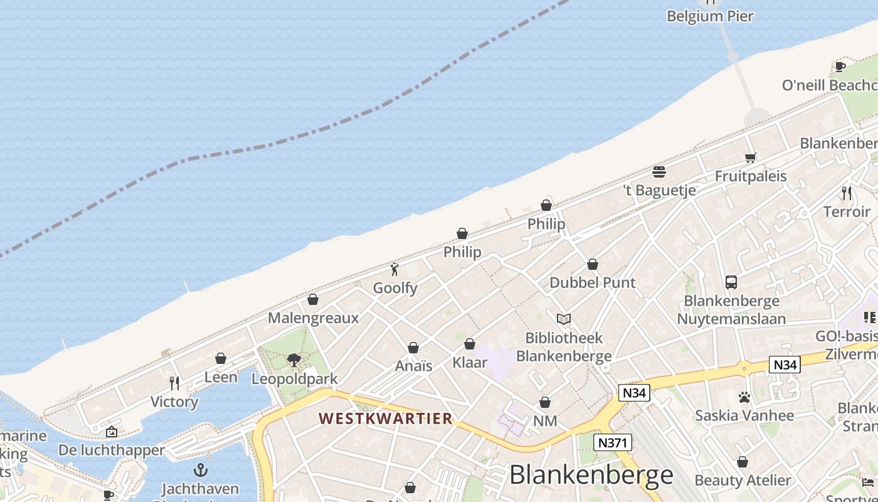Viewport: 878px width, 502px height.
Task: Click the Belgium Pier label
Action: (710, 16)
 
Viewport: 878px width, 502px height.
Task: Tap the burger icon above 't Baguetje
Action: (658, 171)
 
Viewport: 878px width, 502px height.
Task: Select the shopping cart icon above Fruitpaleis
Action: (750, 158)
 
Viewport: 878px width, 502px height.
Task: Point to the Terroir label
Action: (847, 211)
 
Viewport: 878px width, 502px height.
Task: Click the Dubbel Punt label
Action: (592, 282)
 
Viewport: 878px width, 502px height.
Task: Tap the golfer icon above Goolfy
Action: (394, 270)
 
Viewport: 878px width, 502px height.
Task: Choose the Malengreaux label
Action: (313, 318)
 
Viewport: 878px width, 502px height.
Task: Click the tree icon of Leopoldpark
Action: (294, 360)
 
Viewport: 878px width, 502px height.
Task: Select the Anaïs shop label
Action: (413, 366)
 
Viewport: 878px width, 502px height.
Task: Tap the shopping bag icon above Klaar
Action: (470, 344)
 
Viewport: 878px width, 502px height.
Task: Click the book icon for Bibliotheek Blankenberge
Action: (564, 319)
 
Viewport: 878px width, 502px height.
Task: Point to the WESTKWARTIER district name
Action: (385, 419)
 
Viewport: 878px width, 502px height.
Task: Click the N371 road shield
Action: (613, 442)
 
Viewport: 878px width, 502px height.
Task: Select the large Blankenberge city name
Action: (591, 475)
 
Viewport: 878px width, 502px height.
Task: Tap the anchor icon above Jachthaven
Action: (201, 470)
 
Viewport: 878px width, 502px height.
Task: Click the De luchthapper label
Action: (111, 450)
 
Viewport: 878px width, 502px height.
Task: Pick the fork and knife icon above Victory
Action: (174, 383)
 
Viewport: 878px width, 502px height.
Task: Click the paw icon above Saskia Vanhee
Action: (744, 397)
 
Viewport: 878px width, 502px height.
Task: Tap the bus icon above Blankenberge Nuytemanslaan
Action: (731, 282)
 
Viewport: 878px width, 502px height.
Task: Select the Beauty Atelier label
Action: (743, 481)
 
